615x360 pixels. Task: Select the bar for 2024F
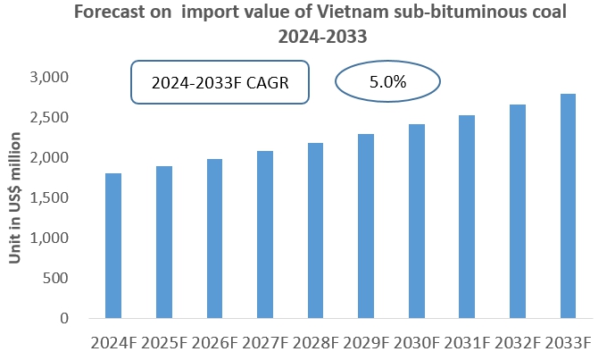tap(113, 246)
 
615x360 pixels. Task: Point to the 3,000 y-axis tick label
tap(51, 78)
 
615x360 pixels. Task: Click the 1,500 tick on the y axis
tap(51, 197)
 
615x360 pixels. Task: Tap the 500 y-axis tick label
tap(58, 278)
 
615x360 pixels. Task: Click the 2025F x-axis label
tap(164, 343)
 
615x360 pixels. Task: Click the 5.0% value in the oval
tap(387, 82)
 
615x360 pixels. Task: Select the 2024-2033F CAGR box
tap(220, 82)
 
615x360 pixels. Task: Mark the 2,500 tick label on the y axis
tap(51, 118)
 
